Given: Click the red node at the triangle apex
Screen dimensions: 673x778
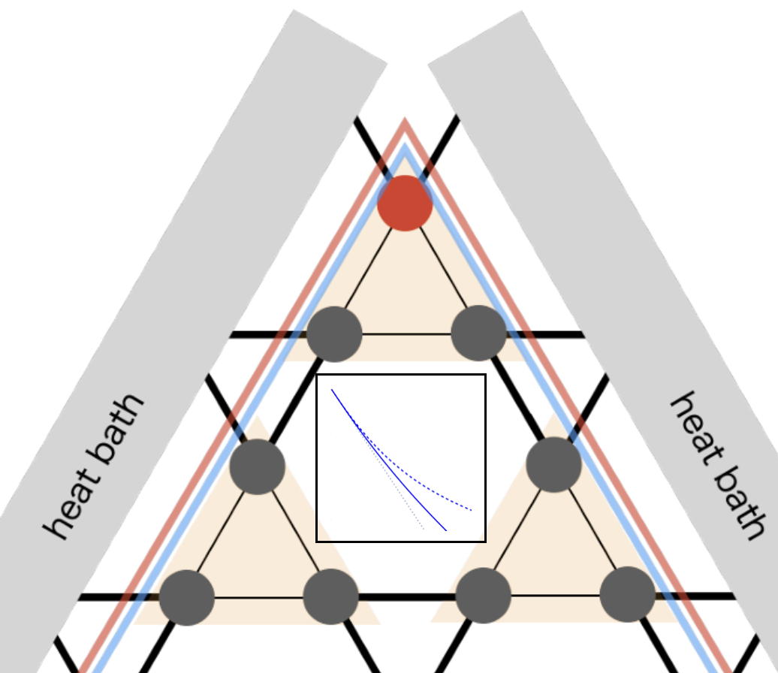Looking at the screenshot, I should [x=405, y=203].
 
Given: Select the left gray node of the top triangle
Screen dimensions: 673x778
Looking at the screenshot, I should [x=334, y=333].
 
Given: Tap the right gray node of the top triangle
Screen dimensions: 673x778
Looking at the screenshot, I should [x=479, y=333].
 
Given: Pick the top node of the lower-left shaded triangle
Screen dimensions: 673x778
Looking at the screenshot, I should [x=258, y=466].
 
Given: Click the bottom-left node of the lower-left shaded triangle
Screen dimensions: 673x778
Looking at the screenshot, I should [x=187, y=597].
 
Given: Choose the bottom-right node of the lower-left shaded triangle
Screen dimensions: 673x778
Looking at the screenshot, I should [x=330, y=597].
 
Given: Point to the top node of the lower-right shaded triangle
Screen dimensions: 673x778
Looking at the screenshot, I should [x=554, y=465].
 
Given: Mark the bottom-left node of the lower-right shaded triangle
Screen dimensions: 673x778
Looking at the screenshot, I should [x=484, y=596].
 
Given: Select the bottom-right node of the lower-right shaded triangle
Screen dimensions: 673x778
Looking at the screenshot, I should [x=628, y=594].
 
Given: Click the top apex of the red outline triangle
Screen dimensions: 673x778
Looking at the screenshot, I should [x=405, y=121].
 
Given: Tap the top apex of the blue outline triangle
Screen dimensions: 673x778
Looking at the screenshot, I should [x=405, y=147].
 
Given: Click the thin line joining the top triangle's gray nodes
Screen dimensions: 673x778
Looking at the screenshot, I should [x=406, y=333].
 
